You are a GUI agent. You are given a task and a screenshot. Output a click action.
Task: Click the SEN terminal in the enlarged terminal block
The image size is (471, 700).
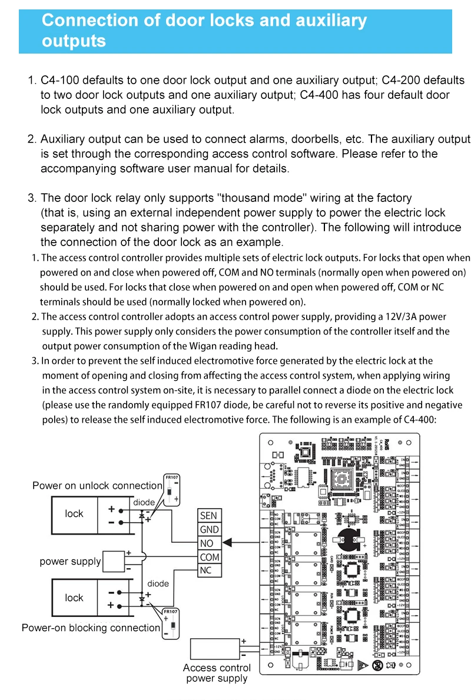208,516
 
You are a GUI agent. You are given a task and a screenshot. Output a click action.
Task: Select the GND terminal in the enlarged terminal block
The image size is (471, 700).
208,529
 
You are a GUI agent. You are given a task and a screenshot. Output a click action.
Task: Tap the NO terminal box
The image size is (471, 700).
207,543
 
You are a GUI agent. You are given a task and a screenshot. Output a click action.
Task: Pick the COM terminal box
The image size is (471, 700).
209,557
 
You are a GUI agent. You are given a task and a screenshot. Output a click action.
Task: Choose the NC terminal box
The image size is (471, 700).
205,570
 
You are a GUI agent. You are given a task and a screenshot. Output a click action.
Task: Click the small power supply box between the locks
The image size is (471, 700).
114,562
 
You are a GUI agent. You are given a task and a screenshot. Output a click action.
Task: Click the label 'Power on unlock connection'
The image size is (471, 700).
97,486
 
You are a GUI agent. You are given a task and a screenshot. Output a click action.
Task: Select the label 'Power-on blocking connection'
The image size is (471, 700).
91,628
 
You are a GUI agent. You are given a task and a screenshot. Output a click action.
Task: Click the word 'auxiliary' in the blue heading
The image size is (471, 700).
330,21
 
